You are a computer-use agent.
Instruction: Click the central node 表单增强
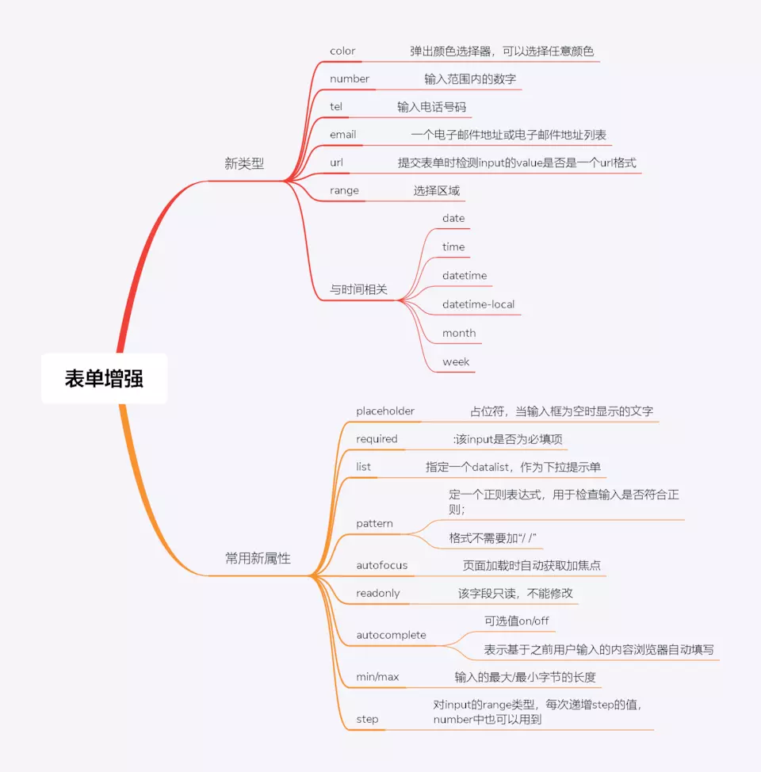104,379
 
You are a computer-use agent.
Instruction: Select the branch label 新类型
244,164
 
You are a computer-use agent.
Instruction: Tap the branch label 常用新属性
258,558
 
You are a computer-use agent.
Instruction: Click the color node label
342,52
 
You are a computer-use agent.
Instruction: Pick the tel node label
336,106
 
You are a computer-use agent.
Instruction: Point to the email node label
343,135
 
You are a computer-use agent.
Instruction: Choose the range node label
344,190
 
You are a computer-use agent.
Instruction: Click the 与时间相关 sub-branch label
358,290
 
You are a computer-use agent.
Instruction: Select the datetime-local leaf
478,304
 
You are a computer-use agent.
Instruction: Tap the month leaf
459,333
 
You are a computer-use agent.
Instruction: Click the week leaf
456,361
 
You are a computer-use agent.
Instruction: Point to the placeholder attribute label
385,411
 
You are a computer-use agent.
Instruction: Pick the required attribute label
377,438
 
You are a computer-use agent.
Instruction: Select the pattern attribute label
374,524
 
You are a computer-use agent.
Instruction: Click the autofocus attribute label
382,565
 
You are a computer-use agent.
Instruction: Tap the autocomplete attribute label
391,635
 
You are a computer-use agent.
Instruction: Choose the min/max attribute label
377,677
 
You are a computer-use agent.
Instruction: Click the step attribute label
367,719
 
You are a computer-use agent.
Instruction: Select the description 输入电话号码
437,106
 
